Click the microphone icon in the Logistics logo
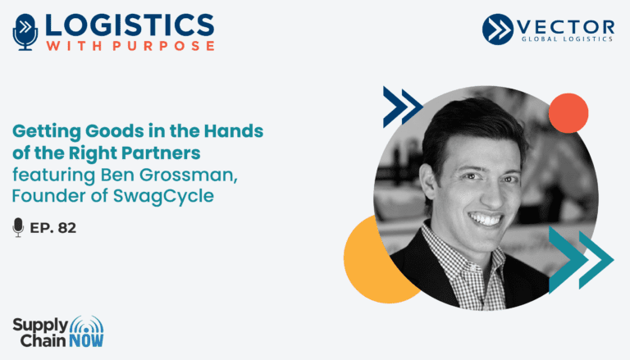pyautogui.click(x=25, y=32)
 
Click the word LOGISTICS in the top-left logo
pyautogui.click(x=130, y=25)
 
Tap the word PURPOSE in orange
pyautogui.click(x=163, y=45)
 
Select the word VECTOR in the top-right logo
pyautogui.click(x=566, y=27)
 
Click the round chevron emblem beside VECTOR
pyautogui.click(x=498, y=29)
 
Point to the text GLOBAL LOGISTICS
pyautogui.click(x=567, y=39)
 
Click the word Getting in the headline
pyautogui.click(x=47, y=132)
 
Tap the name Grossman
pyautogui.click(x=189, y=175)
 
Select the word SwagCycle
pyautogui.click(x=163, y=197)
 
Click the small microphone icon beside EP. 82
pyautogui.click(x=18, y=227)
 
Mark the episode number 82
pyautogui.click(x=67, y=228)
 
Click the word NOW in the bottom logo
pyautogui.click(x=86, y=341)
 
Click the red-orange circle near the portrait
pyautogui.click(x=568, y=113)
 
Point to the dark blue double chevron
pyautogui.click(x=402, y=107)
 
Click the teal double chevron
pyautogui.click(x=581, y=260)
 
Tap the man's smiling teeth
pyautogui.click(x=486, y=220)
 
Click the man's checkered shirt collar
pyautogui.click(x=462, y=257)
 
